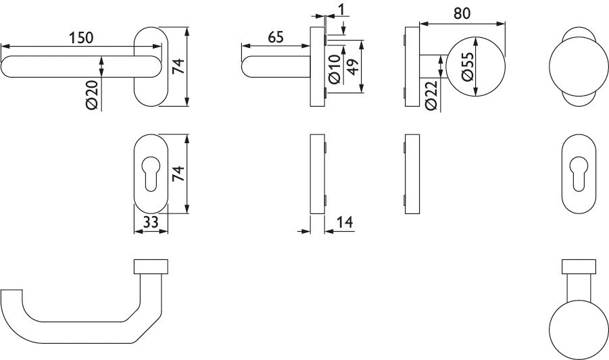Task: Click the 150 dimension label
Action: [81, 38]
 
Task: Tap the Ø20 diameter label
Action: [93, 94]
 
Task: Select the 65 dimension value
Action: [276, 37]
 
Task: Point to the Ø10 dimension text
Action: [335, 69]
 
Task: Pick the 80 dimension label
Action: [462, 14]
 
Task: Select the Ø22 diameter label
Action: [431, 95]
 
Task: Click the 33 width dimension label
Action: [151, 222]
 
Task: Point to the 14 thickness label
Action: [345, 222]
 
